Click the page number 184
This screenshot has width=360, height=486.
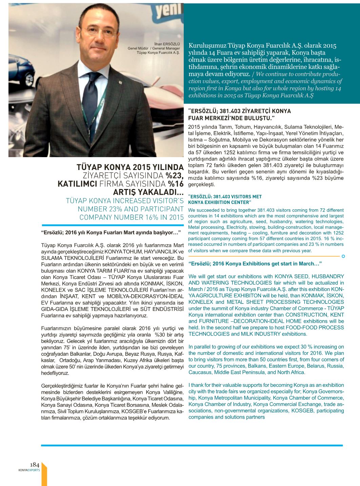(35, 465)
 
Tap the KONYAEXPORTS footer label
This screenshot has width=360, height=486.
(29, 470)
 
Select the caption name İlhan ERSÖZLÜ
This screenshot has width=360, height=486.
(167, 44)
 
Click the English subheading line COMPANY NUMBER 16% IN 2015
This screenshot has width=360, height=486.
(131, 217)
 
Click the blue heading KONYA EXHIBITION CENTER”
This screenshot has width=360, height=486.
(219, 202)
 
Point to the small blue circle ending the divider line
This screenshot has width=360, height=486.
(343, 256)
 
